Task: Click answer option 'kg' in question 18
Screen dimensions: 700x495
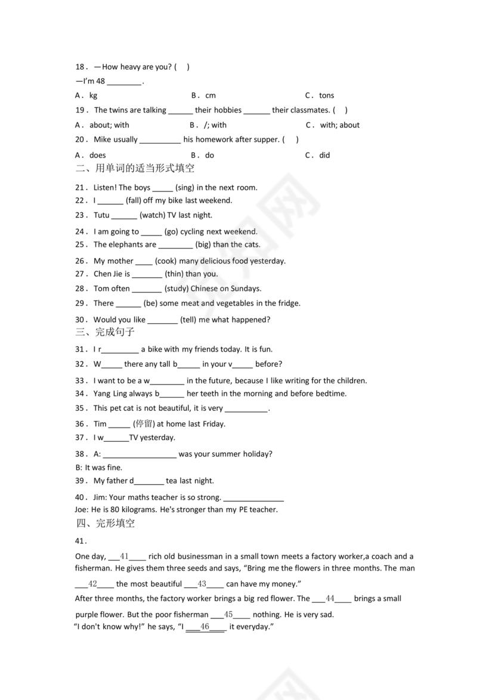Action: (93, 95)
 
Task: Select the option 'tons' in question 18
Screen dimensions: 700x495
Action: (326, 95)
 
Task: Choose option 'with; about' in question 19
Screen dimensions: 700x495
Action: (339, 125)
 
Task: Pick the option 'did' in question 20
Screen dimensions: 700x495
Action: (324, 155)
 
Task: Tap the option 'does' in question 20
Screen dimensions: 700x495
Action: (97, 155)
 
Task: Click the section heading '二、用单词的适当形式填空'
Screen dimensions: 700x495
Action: (135, 169)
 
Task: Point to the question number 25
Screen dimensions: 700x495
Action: (81, 244)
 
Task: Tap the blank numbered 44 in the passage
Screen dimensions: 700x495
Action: (330, 598)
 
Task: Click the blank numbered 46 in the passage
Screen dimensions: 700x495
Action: (205, 627)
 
